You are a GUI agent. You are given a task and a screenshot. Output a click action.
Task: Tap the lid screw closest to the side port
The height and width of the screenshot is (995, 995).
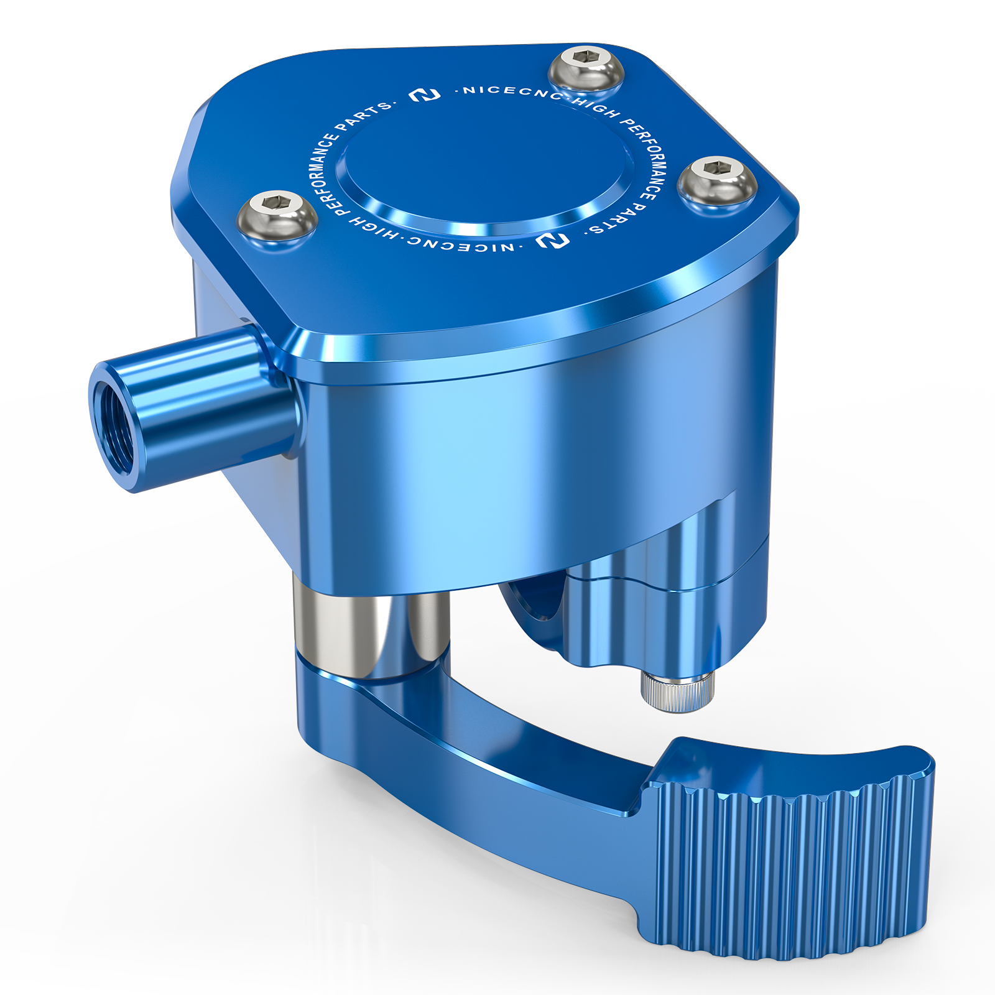pyautogui.click(x=277, y=213)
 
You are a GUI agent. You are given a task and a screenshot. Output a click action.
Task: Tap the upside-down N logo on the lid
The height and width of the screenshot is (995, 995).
pyautogui.click(x=553, y=240)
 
